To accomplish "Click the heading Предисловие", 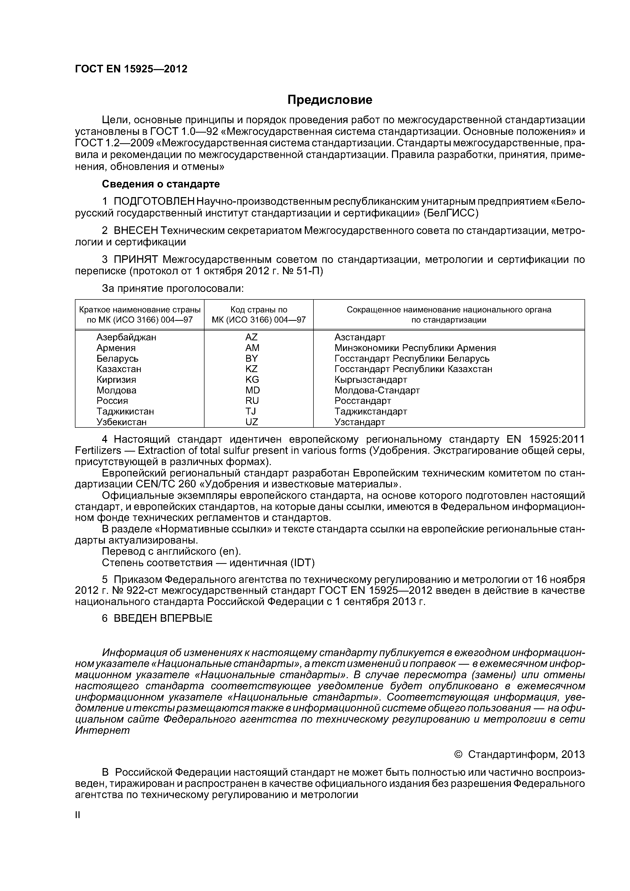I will (x=329, y=100).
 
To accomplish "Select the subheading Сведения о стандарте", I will (x=161, y=184).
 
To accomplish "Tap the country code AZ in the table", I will (x=251, y=337).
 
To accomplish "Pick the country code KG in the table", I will (x=252, y=379).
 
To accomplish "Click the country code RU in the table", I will (x=252, y=401).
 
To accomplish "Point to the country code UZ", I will (x=252, y=422).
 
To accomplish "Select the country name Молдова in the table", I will (x=116, y=390).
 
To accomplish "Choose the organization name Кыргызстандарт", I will (x=371, y=379).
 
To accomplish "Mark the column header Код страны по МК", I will (x=259, y=315).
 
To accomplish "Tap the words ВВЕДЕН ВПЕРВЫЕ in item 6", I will (x=163, y=618).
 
